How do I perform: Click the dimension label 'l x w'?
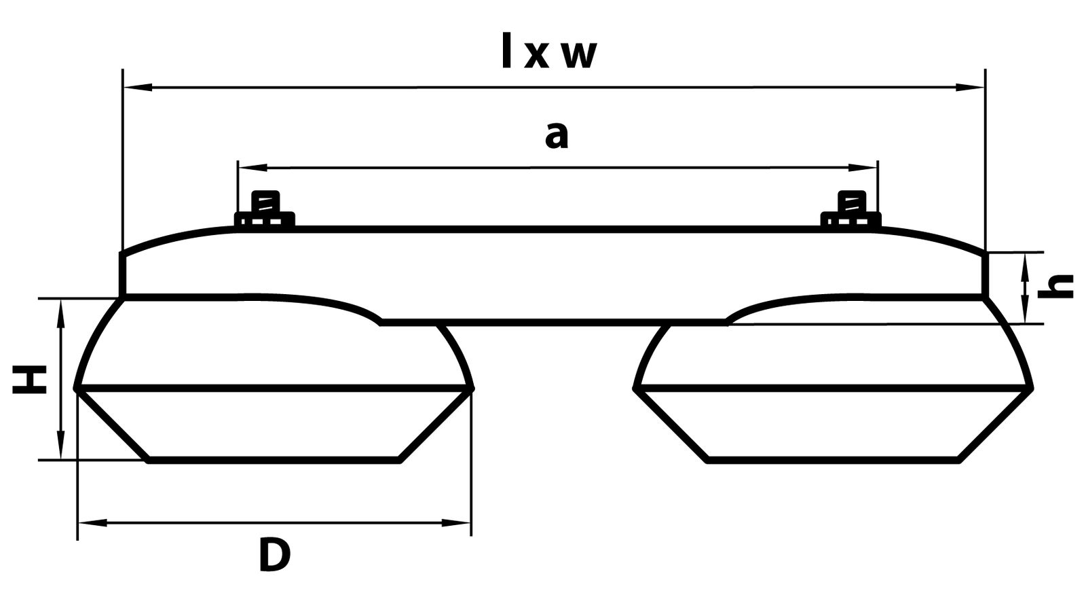pyautogui.click(x=549, y=51)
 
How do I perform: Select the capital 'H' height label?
pyautogui.click(x=30, y=380)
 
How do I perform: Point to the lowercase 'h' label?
pyautogui.click(x=1055, y=287)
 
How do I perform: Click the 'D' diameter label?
pyautogui.click(x=274, y=555)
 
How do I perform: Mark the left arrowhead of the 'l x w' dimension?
pyautogui.click(x=138, y=88)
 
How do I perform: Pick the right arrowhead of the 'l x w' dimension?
pyautogui.click(x=970, y=88)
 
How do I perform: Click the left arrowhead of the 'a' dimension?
pyautogui.click(x=252, y=167)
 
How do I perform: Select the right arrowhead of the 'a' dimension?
pyautogui.click(x=863, y=167)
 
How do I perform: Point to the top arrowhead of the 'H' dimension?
pyautogui.click(x=60, y=314)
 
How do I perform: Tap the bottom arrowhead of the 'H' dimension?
pyautogui.click(x=60, y=444)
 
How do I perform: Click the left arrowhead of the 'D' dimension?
pyautogui.click(x=92, y=522)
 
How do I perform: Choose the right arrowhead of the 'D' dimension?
pyautogui.click(x=455, y=522)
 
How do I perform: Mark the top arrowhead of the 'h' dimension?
pyautogui.click(x=1026, y=267)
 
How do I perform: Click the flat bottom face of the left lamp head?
pyautogui.click(x=274, y=460)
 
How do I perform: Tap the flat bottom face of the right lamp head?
pyautogui.click(x=833, y=460)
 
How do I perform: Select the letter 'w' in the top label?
pyautogui.click(x=580, y=56)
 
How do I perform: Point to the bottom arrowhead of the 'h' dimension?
pyautogui.click(x=1026, y=309)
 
